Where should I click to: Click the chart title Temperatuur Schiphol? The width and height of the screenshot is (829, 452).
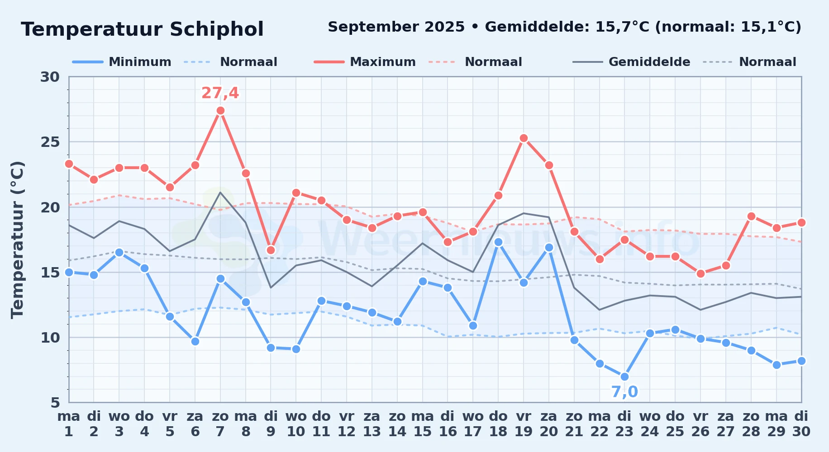tap(142, 29)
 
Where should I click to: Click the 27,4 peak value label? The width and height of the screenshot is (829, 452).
tap(220, 93)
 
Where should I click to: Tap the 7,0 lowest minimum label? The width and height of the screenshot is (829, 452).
tap(624, 392)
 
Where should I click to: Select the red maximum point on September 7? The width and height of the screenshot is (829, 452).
tap(220, 111)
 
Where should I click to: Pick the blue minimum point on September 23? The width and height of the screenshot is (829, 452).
tap(624, 377)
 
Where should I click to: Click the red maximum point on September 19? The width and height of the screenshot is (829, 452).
tap(524, 138)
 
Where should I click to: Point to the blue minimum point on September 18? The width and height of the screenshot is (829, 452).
tap(498, 242)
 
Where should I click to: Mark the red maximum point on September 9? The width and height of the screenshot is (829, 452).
tap(271, 250)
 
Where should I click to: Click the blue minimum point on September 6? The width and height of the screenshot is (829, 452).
tap(195, 341)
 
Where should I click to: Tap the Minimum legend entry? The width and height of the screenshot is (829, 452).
tap(122, 62)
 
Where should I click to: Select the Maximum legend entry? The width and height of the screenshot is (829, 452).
tap(365, 62)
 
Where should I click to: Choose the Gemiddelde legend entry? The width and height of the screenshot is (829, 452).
tap(631, 62)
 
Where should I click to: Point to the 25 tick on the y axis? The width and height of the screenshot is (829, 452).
tap(50, 142)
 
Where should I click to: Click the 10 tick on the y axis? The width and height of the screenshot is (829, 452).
tap(50, 338)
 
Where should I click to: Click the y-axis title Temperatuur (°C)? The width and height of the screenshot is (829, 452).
tap(18, 240)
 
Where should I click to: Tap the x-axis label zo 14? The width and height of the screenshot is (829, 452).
tap(397, 424)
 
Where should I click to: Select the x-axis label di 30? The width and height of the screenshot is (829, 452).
tap(801, 424)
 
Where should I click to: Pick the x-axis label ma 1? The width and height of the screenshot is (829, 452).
tap(69, 424)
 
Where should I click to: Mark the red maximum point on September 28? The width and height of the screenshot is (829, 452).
tap(751, 216)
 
